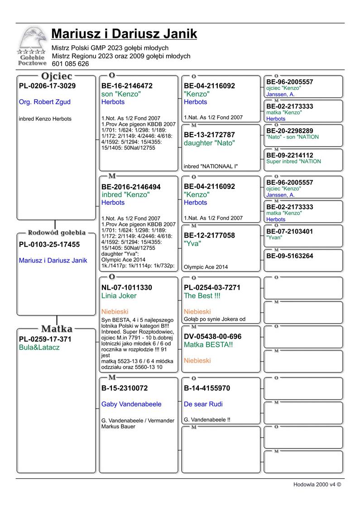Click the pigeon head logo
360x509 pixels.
point(33,40)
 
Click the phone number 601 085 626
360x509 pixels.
point(70,64)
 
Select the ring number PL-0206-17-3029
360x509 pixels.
point(47,86)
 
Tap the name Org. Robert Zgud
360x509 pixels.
point(45,102)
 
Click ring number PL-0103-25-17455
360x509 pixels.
point(49,245)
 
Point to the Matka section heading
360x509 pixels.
point(57,328)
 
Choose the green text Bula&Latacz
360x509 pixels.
point(39,347)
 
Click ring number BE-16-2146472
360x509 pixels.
point(127,86)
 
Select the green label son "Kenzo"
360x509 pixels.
point(121,94)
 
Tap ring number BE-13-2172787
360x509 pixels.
point(209,134)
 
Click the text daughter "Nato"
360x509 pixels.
point(209,143)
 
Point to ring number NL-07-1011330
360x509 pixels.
point(127,288)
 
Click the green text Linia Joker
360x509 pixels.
point(119,296)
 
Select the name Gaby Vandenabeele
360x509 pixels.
point(131,404)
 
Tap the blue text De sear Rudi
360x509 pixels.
point(203,404)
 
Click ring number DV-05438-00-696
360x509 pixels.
point(212,336)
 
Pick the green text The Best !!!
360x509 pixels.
point(202,296)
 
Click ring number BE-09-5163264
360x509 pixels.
point(290,256)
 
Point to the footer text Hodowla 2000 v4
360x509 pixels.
point(317,484)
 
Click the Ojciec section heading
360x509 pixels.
point(57,76)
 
